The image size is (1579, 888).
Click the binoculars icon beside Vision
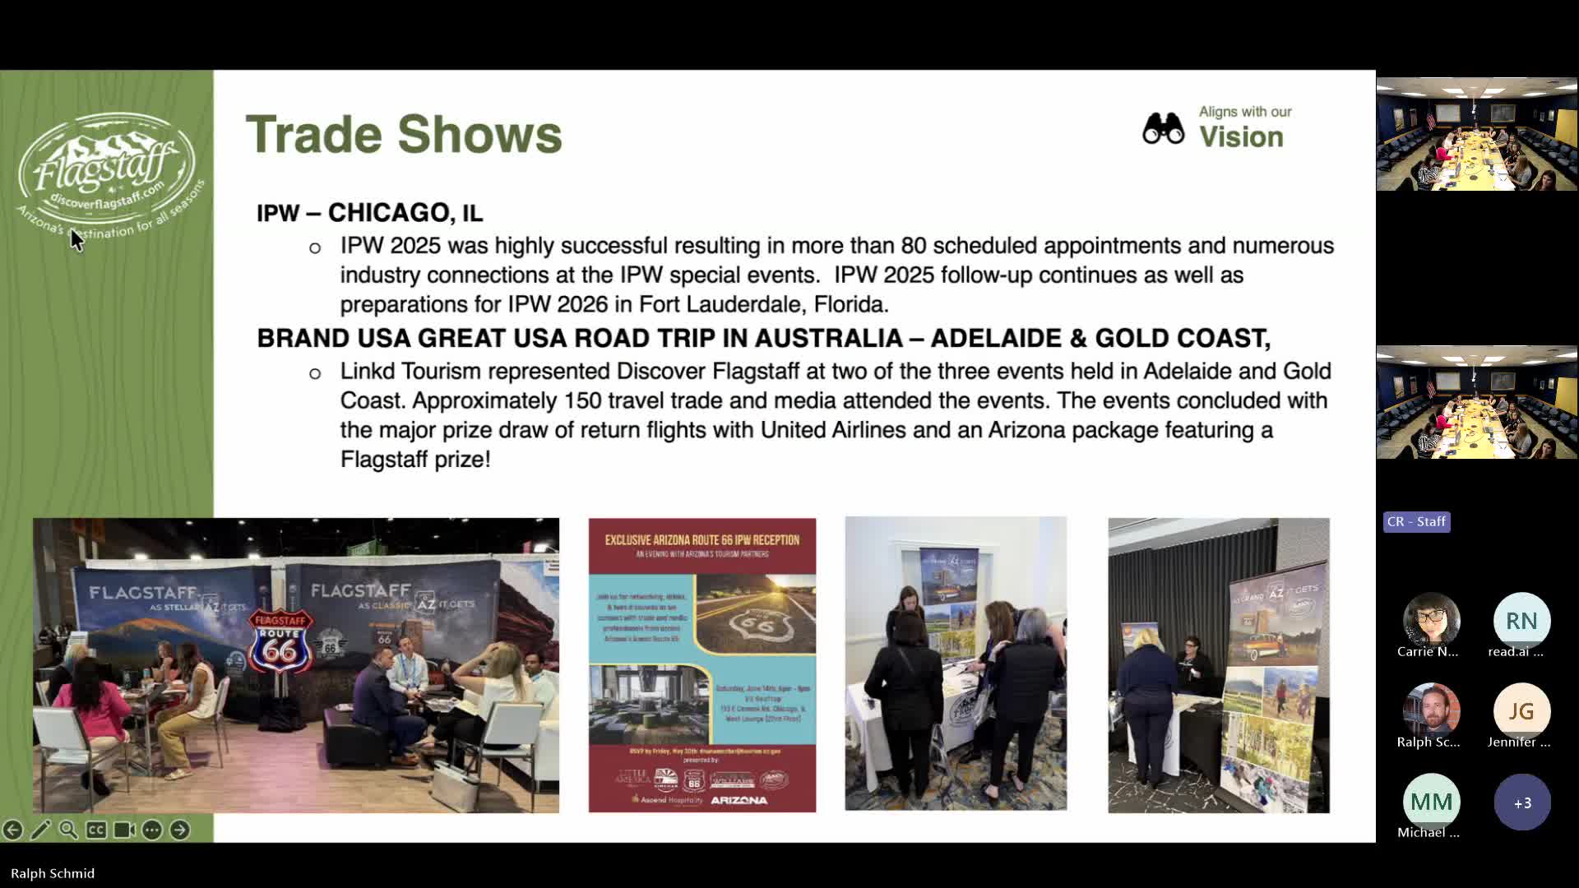[1163, 129]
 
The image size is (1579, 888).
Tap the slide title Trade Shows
[404, 134]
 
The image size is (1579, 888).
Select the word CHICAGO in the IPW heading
[388, 213]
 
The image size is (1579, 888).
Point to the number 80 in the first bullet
[915, 246]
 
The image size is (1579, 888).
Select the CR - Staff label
[1416, 521]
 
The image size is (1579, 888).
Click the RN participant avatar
[1521, 621]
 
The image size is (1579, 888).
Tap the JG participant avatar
[1521, 711]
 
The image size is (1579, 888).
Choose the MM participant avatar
[1431, 802]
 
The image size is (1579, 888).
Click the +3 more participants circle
[1521, 802]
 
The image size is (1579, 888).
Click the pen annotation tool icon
[40, 830]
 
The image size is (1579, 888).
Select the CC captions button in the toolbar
[96, 830]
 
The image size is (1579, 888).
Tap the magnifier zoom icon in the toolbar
[68, 830]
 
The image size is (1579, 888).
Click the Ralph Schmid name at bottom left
[53, 873]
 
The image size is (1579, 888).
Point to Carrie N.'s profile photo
[1431, 621]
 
